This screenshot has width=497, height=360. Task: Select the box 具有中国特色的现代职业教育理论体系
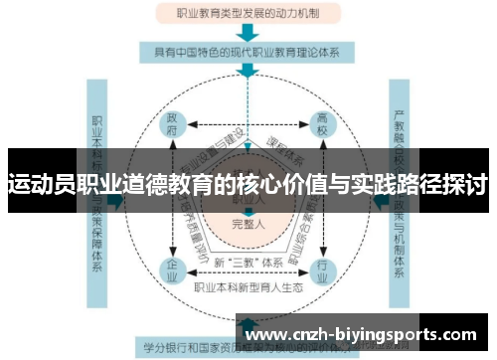tap(248, 52)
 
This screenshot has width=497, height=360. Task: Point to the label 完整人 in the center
tap(248, 222)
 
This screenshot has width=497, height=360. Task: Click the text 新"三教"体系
tap(248, 262)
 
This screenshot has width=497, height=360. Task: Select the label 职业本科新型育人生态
tap(248, 288)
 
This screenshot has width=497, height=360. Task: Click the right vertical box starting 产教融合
tap(400, 199)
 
